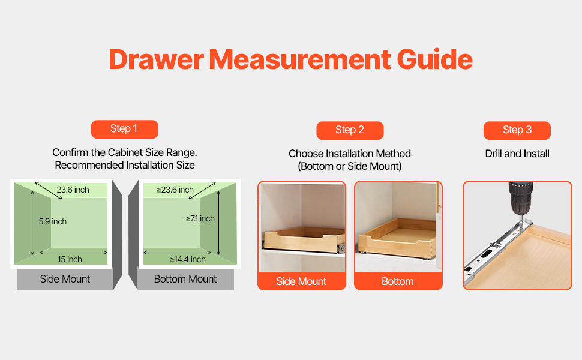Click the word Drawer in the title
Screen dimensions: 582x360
tap(156, 59)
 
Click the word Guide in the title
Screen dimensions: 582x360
tap(434, 59)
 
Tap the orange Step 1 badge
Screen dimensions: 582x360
tap(125, 129)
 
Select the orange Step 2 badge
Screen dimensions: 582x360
tap(350, 130)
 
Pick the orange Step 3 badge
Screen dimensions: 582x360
tap(517, 130)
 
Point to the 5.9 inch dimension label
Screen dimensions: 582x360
tap(53, 221)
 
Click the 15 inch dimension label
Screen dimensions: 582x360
tap(70, 259)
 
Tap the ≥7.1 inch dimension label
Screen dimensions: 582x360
tap(200, 218)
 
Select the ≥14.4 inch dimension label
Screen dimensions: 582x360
tap(188, 259)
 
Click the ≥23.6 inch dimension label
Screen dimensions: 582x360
tap(175, 190)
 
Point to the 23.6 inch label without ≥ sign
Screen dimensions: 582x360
tap(73, 190)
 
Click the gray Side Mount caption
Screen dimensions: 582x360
tap(65, 279)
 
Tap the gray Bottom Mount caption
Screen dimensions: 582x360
tap(185, 279)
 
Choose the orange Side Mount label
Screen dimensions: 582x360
tap(301, 281)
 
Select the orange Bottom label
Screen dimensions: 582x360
tap(398, 281)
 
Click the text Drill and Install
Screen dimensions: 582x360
tap(517, 154)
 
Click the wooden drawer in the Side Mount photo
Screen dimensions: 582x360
tap(304, 240)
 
